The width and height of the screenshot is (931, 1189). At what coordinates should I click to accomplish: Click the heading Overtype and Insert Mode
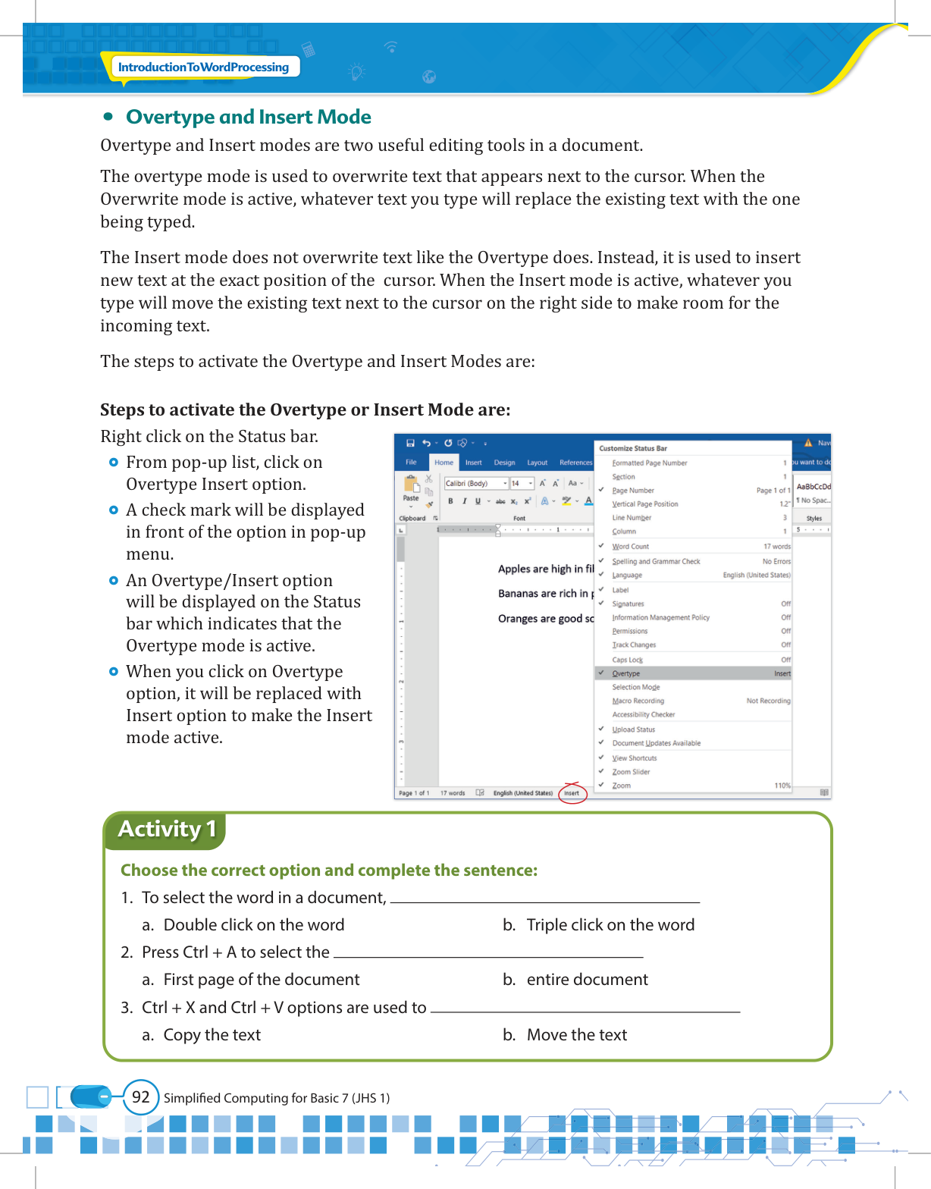[x=248, y=117]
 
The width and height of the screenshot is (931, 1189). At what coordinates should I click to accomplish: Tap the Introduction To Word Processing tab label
[x=203, y=67]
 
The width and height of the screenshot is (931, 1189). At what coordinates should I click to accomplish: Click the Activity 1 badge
[x=167, y=829]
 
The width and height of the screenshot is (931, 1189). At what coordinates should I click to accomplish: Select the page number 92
[x=140, y=1096]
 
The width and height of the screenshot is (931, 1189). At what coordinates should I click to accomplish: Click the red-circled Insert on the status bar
[x=572, y=793]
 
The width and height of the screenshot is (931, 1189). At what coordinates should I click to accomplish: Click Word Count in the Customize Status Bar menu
[x=631, y=546]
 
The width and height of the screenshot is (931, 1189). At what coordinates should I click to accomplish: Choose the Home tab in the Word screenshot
[x=444, y=462]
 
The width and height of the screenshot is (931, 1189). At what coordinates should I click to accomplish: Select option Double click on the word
[x=253, y=924]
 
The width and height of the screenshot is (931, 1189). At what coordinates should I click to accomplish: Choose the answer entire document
[x=587, y=979]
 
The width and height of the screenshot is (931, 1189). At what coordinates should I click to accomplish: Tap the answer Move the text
[x=576, y=1034]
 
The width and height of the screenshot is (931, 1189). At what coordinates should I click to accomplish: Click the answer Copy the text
[x=212, y=1034]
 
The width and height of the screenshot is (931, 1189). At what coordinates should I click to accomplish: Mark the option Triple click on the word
[x=610, y=924]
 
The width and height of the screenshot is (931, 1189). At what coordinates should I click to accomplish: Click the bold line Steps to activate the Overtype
[x=305, y=409]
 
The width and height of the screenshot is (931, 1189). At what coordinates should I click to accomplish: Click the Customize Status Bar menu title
[x=633, y=448]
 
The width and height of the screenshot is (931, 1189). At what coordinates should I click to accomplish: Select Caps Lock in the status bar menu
[x=627, y=660]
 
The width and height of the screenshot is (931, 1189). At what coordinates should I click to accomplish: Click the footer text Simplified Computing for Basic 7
[x=276, y=1097]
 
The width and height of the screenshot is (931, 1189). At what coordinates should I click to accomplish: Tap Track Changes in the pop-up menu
[x=634, y=645]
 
